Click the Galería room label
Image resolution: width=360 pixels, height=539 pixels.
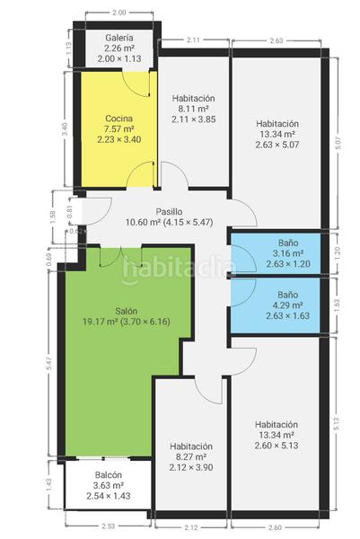coord(119,38)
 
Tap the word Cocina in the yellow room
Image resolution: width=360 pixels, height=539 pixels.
coord(119,119)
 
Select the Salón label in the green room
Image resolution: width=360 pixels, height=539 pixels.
coord(127,312)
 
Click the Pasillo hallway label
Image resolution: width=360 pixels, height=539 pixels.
coord(170,211)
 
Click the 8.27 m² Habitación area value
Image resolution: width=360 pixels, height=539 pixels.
coord(190,457)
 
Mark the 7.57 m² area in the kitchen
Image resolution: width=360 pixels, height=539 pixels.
coord(119,129)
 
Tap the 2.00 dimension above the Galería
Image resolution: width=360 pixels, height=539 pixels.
coord(119,13)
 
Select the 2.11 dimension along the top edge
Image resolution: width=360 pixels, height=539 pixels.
coord(193,40)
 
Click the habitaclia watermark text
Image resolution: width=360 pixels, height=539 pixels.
coord(179,268)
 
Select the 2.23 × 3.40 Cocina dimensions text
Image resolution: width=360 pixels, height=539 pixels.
coord(119,140)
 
